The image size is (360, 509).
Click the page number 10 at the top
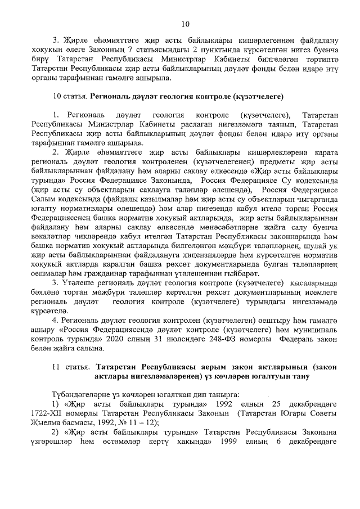186,23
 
